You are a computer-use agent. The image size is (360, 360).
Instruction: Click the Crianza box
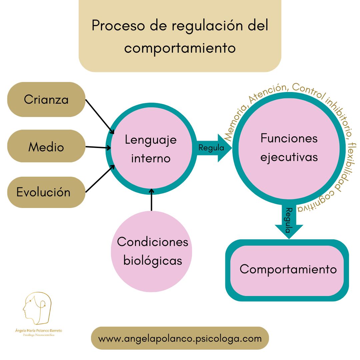coord(46,99)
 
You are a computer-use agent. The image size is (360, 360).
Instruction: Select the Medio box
coord(46,146)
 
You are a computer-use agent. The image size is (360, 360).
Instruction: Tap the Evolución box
coord(46,192)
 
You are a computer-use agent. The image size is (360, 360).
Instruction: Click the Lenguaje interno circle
coord(151,149)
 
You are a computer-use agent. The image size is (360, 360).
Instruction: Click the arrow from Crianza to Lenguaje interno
coord(100,116)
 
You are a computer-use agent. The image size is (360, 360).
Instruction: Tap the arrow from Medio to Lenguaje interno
coord(98,147)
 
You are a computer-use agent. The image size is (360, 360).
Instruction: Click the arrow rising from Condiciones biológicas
coord(152,200)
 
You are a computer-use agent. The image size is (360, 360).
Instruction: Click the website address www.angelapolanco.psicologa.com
coord(180,338)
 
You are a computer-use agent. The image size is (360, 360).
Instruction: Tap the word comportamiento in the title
coord(180,48)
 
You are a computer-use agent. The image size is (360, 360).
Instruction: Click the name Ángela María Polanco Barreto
coord(39,331)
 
